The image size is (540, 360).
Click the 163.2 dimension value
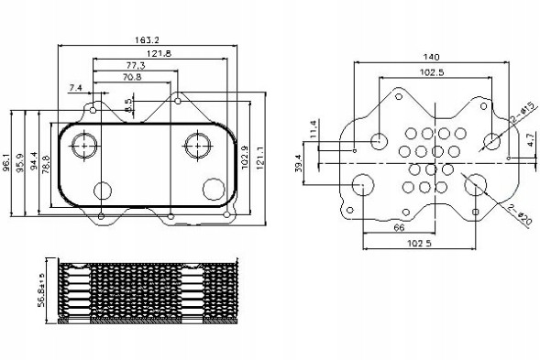click(147, 40)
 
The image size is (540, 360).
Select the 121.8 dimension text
click(160, 53)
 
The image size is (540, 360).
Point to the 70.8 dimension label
click(132, 77)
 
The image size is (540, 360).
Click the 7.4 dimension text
click(75, 88)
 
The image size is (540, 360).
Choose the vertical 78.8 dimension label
click(46, 164)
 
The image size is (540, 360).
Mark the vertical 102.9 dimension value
click(245, 158)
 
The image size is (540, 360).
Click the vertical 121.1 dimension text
click(259, 158)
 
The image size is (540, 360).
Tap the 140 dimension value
click(431, 57)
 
